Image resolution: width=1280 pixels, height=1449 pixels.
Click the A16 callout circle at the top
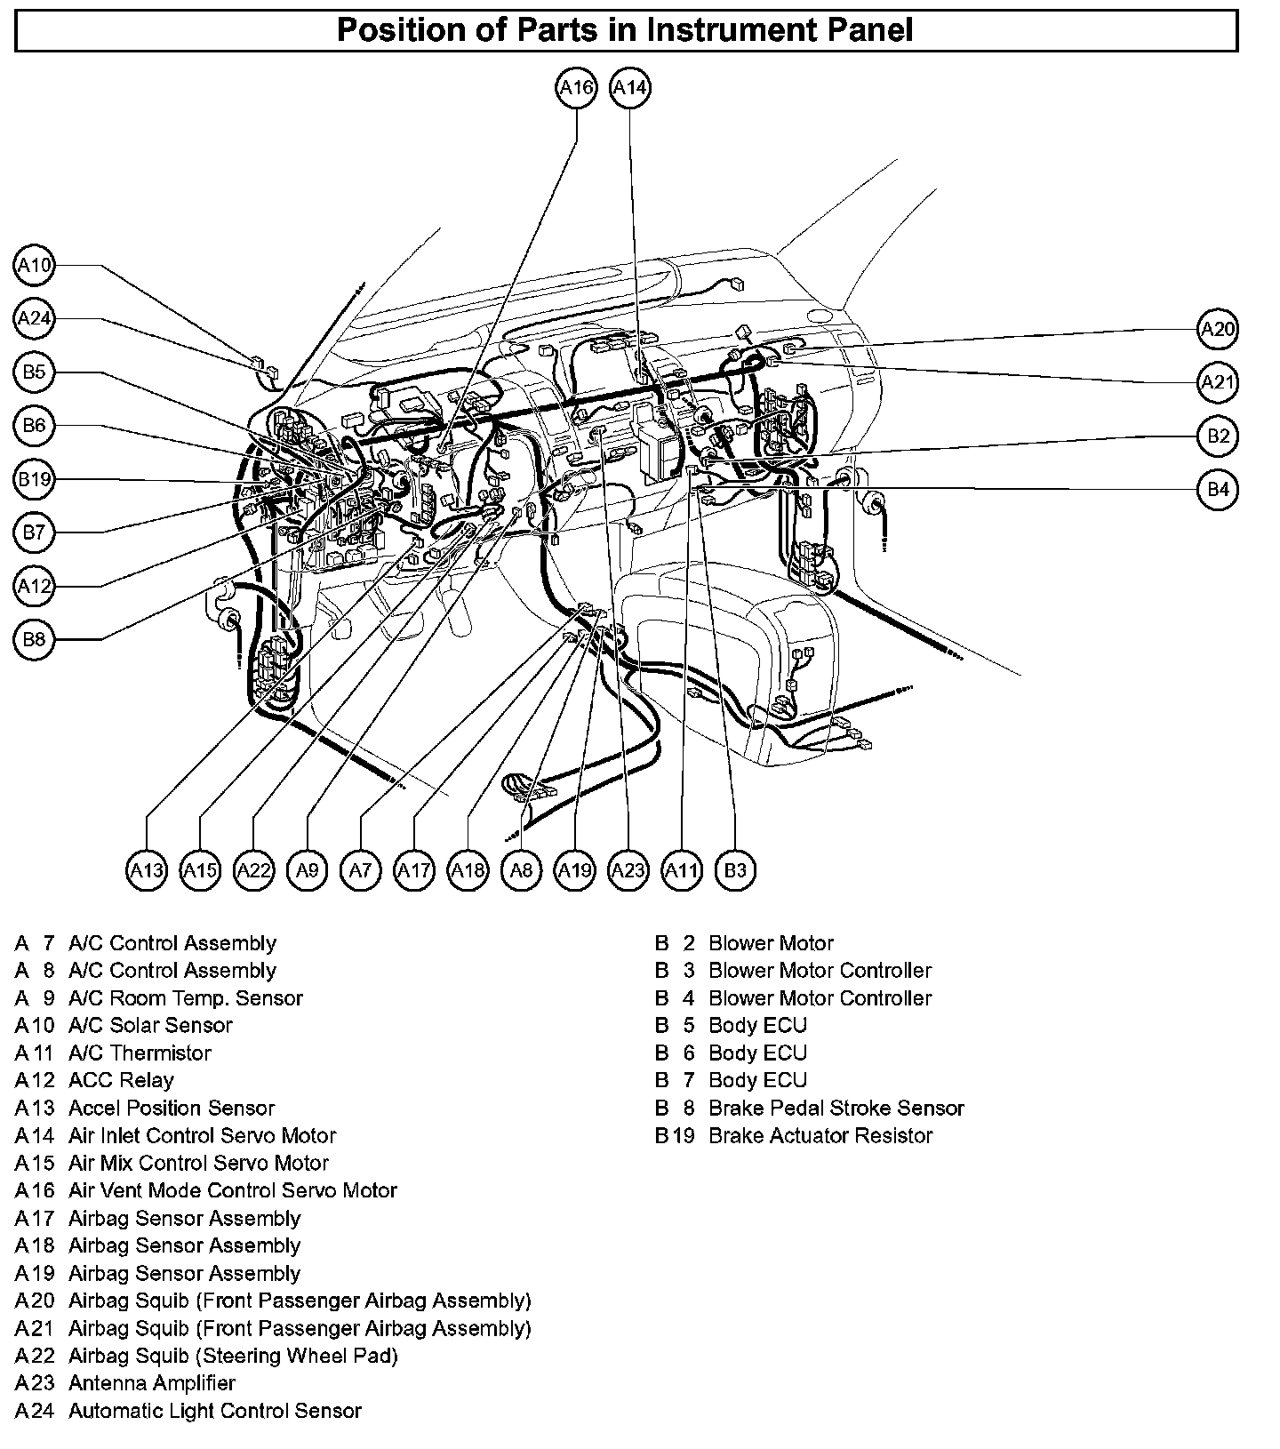click(576, 88)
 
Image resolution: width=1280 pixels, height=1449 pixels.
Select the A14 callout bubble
click(630, 88)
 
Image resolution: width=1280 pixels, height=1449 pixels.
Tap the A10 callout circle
click(35, 265)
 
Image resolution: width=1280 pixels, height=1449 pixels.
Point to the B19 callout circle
click(35, 480)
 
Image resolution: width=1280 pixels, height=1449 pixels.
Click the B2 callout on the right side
click(1218, 436)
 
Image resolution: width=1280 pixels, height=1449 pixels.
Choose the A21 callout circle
click(1218, 382)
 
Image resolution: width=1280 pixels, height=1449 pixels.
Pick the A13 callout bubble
click(147, 870)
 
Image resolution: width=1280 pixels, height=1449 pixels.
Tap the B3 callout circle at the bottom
click(735, 870)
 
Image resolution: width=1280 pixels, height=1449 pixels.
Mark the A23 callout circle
click(628, 870)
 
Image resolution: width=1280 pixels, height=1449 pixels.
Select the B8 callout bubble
click(35, 640)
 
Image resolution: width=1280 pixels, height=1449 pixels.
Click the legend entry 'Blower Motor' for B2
click(771, 943)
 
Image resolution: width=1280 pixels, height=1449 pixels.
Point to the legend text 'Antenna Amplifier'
click(152, 1383)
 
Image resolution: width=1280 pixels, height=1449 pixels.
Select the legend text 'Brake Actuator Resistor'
click(820, 1135)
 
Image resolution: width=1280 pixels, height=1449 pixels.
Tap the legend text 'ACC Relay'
click(121, 1080)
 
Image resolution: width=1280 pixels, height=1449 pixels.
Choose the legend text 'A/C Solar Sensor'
click(150, 1025)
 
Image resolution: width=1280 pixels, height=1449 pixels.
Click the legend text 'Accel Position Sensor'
click(172, 1108)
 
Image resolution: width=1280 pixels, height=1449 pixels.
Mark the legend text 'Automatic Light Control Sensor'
click(215, 1411)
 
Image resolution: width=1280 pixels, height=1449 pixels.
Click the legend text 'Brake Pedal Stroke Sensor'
click(836, 1108)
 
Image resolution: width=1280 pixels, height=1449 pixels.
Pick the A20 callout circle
click(1218, 329)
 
